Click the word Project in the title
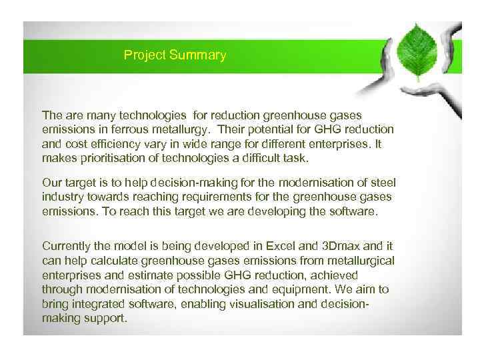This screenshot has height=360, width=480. [144, 55]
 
